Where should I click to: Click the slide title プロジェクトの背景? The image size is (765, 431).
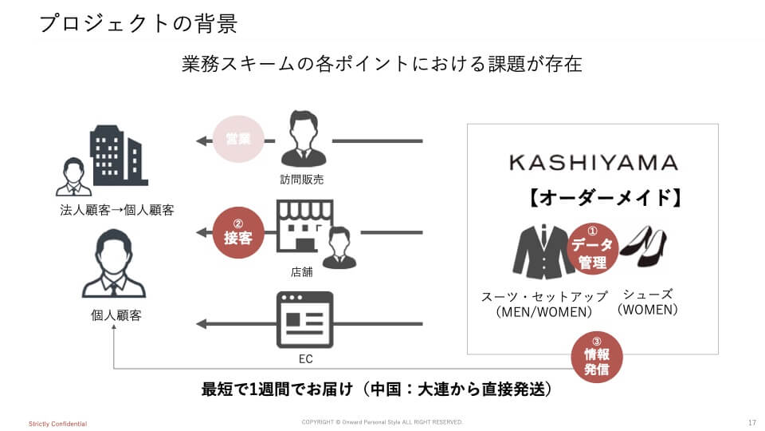click(138, 23)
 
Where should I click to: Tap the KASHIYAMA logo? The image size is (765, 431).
click(593, 163)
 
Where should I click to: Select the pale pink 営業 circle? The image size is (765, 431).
click(237, 139)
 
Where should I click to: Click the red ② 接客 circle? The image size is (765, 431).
click(237, 232)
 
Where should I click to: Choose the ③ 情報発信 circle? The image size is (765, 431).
click(597, 357)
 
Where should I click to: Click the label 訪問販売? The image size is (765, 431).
click(302, 180)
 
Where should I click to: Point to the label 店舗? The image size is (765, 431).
click(302, 272)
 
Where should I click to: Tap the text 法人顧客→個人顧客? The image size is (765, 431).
click(117, 211)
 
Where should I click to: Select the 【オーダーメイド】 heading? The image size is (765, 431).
click(604, 198)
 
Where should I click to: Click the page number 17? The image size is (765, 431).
click(752, 422)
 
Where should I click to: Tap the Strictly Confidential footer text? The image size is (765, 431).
click(57, 423)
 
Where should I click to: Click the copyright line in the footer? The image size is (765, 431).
click(382, 421)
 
